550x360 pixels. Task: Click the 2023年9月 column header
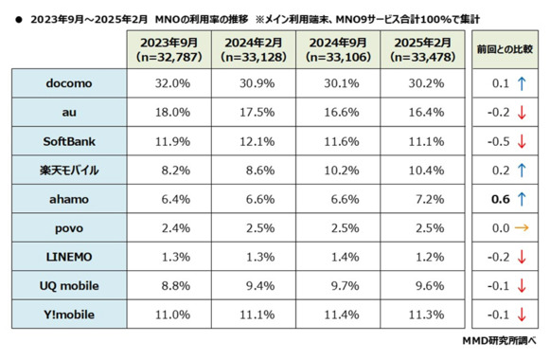pos(169,49)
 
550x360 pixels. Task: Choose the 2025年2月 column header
pos(421,49)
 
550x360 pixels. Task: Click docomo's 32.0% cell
pos(169,82)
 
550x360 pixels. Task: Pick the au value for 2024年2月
pos(253,112)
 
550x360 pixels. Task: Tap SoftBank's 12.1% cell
pos(253,141)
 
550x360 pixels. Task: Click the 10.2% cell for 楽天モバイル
pos(337,171)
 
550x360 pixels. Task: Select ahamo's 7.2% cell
pos(421,200)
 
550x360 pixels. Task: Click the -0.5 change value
pos(498,141)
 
